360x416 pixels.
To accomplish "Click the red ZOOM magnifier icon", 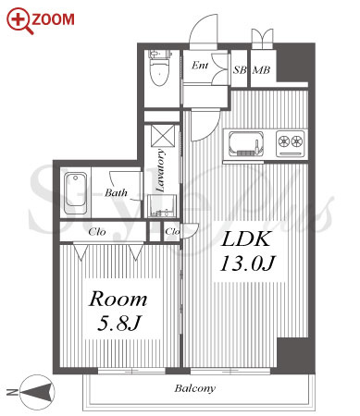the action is point(19,20).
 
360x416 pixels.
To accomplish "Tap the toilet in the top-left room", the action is point(160,67).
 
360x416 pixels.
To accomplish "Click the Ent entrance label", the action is point(200,66).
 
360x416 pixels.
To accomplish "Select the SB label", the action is point(240,70).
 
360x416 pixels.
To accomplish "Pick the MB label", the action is point(261,70).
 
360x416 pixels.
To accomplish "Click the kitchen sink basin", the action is point(246,144).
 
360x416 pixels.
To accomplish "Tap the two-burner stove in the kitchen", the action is point(291,142).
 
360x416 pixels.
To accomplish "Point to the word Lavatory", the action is point(160,170).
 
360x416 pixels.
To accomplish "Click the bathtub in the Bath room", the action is point(75,193).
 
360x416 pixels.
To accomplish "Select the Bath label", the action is point(116,193).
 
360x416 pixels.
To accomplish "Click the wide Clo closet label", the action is point(97,232).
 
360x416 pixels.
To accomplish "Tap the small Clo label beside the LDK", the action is point(172,231).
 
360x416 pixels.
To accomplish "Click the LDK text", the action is point(246,239).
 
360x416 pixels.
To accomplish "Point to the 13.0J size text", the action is point(247,263).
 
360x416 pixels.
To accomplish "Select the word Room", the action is point(118,299).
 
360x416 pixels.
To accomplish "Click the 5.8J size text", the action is point(118,323).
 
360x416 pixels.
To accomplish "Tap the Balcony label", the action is point(195,388).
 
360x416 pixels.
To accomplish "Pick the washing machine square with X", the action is point(163,135).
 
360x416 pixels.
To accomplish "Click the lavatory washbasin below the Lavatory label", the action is point(162,206).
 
